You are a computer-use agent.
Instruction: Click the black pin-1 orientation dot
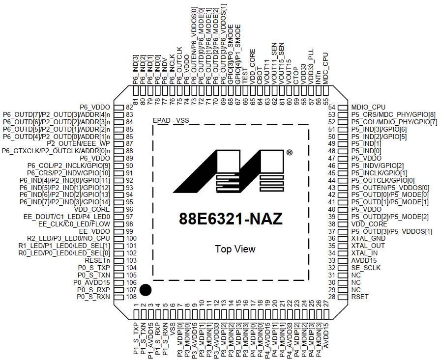pos(145,290)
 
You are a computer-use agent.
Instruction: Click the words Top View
pos(235,249)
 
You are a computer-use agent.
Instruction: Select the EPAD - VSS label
pos(171,119)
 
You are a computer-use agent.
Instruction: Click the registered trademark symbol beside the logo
pos(290,153)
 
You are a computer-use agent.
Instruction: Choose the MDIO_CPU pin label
pos(369,107)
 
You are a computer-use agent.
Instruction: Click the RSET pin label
pos(360,297)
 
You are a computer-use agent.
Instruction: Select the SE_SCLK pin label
pos(366,268)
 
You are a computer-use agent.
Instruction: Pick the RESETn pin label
pos(97,260)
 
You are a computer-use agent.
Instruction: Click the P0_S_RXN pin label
pos(93,297)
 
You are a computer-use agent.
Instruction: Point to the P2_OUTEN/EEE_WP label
pos(78,143)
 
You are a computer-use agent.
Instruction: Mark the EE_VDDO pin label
pos(94,231)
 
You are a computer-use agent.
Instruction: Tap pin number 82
pos(129,107)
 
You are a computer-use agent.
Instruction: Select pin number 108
pos(131,297)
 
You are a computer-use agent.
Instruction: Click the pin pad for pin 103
pos(118,260)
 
